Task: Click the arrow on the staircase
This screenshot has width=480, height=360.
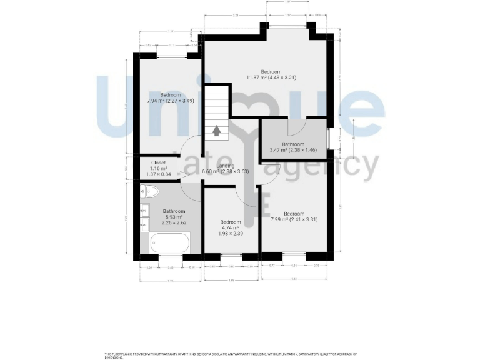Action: pos(217,130)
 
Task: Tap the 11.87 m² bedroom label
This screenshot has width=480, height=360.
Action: pos(271,74)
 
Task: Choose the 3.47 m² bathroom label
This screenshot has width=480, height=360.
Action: pos(292,147)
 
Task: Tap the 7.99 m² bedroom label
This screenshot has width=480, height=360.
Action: pos(293,216)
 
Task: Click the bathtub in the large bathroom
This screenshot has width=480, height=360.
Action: pos(170,242)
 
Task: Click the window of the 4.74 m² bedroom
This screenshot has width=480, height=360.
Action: pos(231,256)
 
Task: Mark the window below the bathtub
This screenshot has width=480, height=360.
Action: pos(171,256)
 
